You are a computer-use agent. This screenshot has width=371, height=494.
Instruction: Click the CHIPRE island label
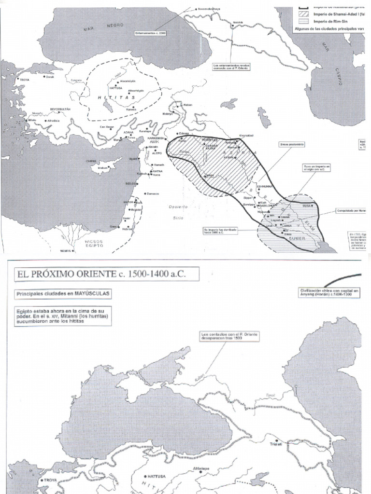click(x=92, y=161)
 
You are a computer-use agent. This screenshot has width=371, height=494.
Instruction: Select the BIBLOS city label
click(x=130, y=184)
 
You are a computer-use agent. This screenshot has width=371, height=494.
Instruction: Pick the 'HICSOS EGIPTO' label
click(x=95, y=243)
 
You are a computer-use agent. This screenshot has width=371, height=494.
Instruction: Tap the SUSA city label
click(x=305, y=206)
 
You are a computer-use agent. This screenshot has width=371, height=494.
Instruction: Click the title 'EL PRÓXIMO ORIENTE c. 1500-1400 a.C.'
click(x=101, y=274)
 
